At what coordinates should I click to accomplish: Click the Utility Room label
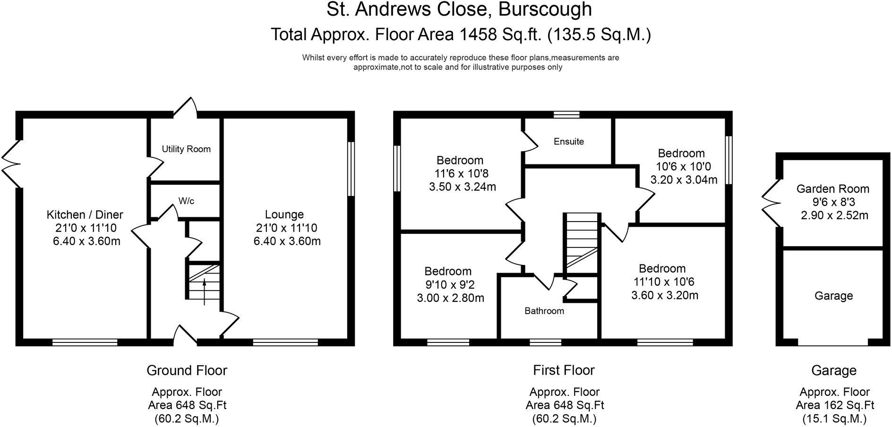[186, 149]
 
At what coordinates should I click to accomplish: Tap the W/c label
[186, 201]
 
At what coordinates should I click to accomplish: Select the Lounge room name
[284, 214]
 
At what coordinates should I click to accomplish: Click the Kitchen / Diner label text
[85, 215]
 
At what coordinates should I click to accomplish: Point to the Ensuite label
[569, 141]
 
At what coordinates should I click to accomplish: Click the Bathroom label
[544, 311]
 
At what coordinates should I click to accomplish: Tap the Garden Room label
[833, 189]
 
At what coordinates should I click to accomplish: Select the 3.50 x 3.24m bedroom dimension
[463, 187]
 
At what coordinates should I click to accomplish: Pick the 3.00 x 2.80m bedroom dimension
[451, 298]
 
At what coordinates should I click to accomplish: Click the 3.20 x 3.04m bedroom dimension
[684, 179]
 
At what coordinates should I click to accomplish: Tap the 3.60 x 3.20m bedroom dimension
[665, 295]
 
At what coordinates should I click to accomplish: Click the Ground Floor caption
[187, 370]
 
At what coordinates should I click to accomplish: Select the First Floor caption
[564, 370]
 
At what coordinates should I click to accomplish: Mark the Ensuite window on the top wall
[566, 114]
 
